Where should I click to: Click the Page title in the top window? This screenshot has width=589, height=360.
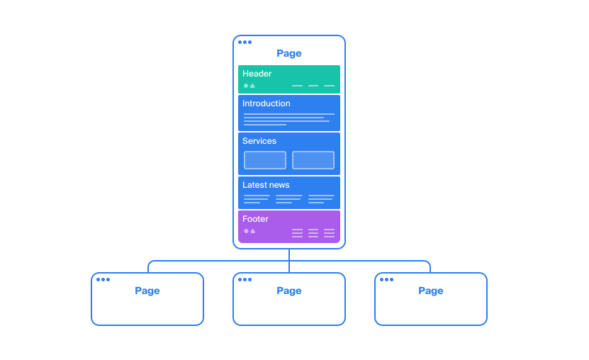289,53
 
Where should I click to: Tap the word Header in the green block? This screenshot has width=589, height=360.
257,74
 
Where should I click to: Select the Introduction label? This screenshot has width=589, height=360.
267,103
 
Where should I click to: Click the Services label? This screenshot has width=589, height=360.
259,141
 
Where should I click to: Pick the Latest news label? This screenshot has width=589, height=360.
266,185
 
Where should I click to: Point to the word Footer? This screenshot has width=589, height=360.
255,219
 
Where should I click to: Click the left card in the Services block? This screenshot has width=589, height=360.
265,160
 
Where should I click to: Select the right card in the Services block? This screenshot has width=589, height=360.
313,160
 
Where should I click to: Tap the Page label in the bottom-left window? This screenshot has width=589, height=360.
147,291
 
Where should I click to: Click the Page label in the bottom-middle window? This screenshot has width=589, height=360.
289,291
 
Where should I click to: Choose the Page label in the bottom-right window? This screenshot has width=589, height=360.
431,291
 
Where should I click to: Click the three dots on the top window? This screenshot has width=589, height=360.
245,42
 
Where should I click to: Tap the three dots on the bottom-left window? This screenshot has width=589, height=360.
103,279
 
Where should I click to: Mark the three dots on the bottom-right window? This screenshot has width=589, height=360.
386,279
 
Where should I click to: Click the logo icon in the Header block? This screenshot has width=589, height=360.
249,86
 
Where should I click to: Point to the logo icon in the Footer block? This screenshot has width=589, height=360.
249,231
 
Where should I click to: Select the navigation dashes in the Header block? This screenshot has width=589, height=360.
313,86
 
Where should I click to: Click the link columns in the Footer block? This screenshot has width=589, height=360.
313,232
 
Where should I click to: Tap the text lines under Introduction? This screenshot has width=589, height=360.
288,119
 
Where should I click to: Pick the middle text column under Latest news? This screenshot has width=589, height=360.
288,199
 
